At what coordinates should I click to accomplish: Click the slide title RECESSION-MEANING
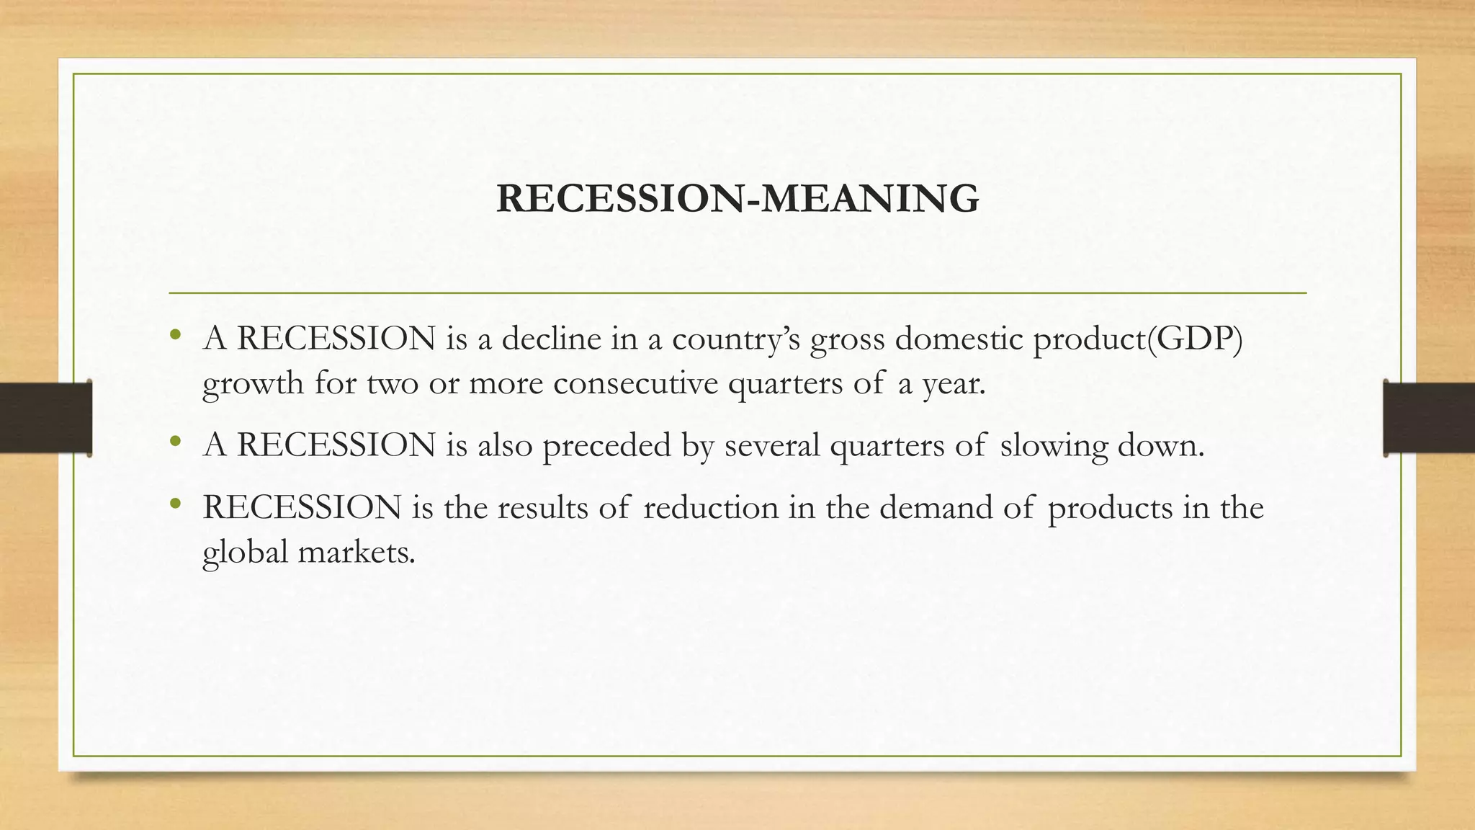(737, 199)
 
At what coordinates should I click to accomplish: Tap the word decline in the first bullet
(551, 339)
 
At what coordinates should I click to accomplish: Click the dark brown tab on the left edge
(45, 418)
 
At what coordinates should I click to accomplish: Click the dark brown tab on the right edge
(1429, 418)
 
